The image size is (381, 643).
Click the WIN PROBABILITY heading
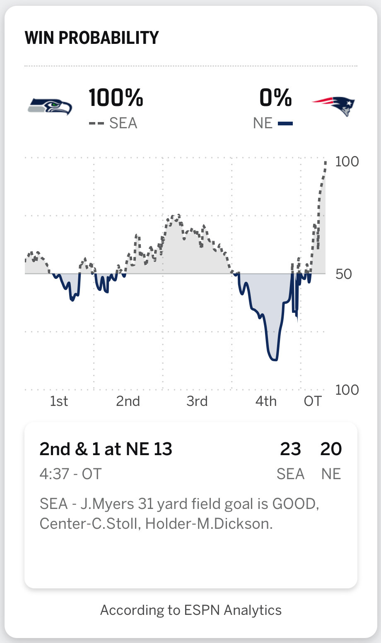(92, 38)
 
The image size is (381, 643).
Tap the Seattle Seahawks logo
(50, 106)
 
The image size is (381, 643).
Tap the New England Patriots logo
(334, 106)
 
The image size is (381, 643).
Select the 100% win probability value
(116, 98)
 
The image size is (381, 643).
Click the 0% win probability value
(275, 98)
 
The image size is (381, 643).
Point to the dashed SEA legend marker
(96, 123)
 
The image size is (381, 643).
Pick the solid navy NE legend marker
(285, 123)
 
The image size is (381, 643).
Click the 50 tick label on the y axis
(344, 274)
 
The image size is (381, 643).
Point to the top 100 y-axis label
(347, 161)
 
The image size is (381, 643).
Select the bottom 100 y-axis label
(347, 390)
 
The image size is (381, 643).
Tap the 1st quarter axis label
(59, 401)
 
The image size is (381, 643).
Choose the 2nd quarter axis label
(128, 401)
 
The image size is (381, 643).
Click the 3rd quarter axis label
(197, 401)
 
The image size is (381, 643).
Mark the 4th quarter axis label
(266, 401)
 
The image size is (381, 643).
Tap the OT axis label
(312, 401)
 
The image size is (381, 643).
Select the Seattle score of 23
(290, 449)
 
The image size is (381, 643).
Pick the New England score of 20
(331, 449)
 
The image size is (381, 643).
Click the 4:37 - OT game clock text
(70, 474)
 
